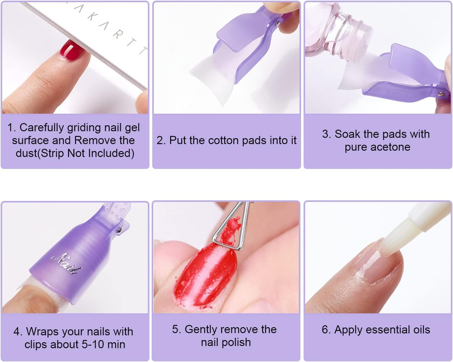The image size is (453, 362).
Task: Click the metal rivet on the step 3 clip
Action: point(440,94)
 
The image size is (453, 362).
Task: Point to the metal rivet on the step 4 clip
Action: point(120,231)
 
